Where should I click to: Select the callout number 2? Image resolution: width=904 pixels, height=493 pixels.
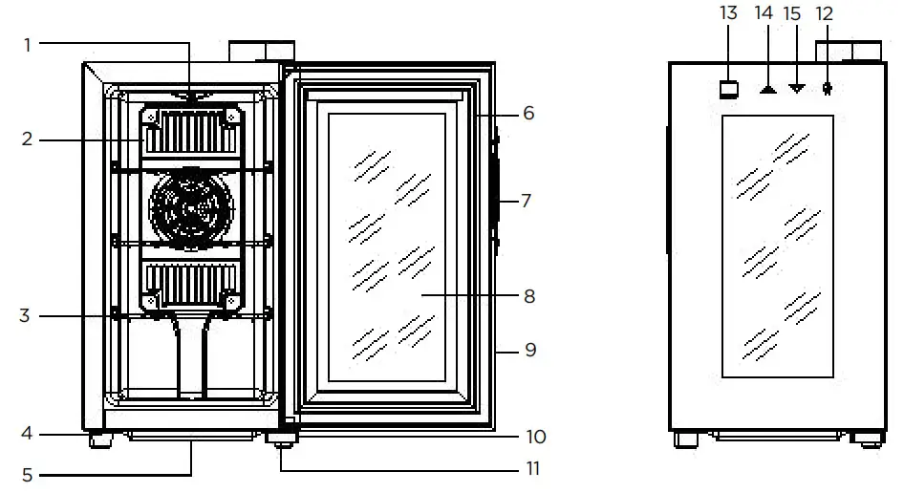coord(28,139)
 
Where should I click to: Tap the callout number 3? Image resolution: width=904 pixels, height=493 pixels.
coord(26,315)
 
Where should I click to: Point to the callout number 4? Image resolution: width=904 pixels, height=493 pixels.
coord(27,434)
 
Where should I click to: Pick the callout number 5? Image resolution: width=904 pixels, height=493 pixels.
coord(27,473)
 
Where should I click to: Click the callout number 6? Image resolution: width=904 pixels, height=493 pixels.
coord(527,113)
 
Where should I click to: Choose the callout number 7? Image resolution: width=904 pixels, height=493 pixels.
coord(527,201)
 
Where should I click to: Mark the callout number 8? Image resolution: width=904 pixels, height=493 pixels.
coord(528,296)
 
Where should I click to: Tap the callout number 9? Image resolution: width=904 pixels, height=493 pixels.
coord(528,351)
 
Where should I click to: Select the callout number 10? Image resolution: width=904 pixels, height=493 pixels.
coord(535,437)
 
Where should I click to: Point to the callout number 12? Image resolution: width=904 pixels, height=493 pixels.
coord(825,13)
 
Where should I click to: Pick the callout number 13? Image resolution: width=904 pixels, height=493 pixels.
coord(729,13)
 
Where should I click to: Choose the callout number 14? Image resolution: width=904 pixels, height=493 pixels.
coord(764,13)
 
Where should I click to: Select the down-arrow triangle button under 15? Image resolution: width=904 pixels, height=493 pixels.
coord(797,89)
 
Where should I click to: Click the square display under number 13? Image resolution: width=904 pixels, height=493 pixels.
coord(730,89)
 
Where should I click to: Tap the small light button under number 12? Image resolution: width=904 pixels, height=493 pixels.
coord(828,89)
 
